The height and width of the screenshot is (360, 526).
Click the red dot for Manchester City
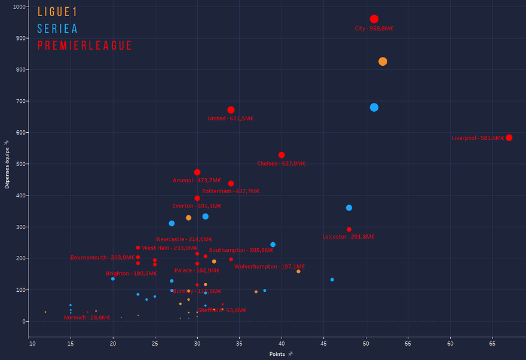coord(374,19)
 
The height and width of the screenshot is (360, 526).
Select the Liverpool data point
coord(509,138)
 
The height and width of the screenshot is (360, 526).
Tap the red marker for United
coord(231,110)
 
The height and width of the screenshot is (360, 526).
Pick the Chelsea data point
coord(282,155)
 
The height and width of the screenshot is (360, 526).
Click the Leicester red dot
coord(349,229)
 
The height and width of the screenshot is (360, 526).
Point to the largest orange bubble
coord(383,62)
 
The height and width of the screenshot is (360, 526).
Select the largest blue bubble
coord(374,108)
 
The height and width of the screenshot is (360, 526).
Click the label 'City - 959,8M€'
coord(374,28)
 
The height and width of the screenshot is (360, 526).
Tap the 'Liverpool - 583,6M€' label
coord(478,138)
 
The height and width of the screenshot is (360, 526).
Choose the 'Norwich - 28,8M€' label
coord(87,318)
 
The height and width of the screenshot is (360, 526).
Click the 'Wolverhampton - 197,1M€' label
coord(270,267)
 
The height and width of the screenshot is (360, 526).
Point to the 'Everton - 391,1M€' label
coord(197,206)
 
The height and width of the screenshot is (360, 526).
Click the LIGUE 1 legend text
coord(57,12)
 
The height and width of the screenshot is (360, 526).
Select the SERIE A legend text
coord(57,29)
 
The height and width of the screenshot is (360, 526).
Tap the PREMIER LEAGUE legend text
coord(84,46)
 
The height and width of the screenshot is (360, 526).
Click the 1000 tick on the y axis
coord(19,7)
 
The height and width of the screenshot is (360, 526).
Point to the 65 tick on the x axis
coord(493,344)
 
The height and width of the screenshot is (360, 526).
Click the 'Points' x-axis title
coord(277,354)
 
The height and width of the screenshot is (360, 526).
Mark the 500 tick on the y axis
coord(21,164)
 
